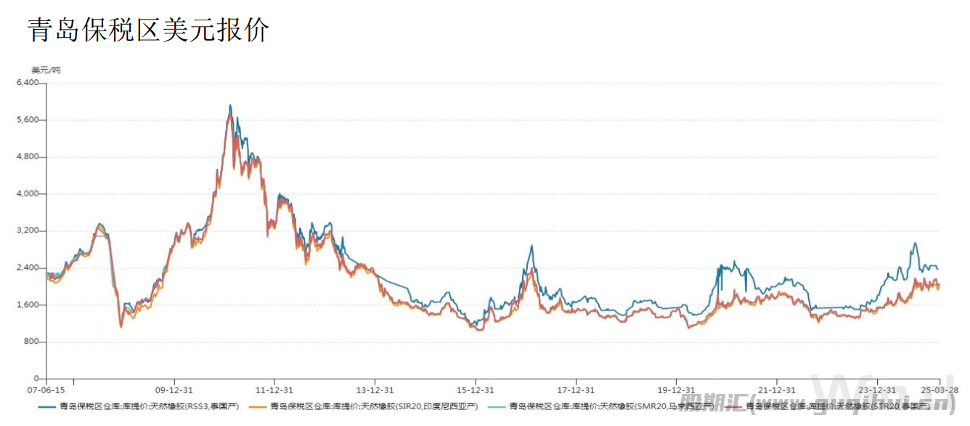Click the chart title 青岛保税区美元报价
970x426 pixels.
coord(148,30)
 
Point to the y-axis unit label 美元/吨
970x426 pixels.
coord(46,71)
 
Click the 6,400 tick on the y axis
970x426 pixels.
coord(28,83)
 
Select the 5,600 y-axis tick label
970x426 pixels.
coord(28,120)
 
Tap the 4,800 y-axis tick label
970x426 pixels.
coord(28,157)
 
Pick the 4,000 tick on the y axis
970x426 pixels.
coord(28,194)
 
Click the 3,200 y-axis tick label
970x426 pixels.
coord(28,231)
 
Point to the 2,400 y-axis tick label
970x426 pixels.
coord(28,268)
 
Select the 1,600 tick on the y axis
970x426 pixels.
coord(28,305)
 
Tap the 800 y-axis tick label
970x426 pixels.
coord(32,342)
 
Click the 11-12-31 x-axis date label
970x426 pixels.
coord(274,389)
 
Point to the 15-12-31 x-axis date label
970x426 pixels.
coord(476,389)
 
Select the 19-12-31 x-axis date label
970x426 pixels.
coord(677,389)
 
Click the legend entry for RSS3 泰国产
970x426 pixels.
coord(148,406)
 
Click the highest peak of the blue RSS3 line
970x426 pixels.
coord(230,105)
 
